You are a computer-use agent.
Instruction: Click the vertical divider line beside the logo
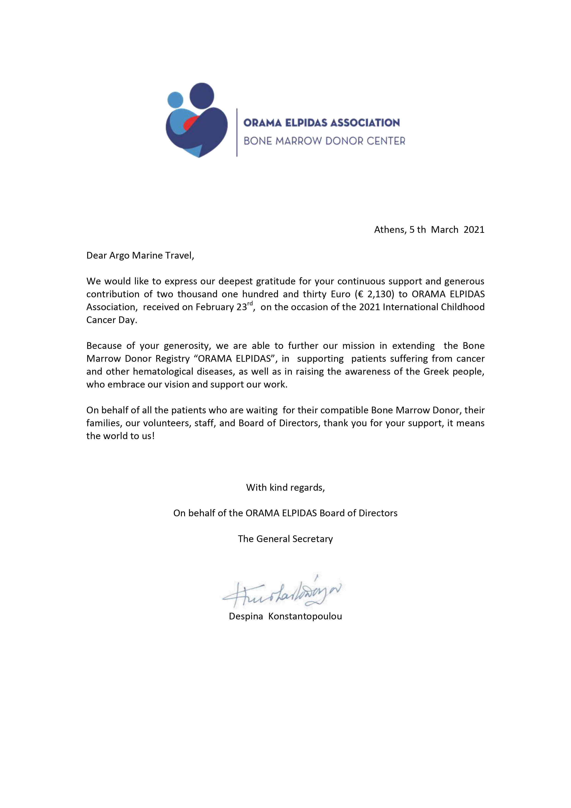(237, 132)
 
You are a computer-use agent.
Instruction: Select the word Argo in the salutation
(119, 256)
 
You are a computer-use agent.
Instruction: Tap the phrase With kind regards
(285, 487)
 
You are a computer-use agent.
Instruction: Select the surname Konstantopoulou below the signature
(305, 616)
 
